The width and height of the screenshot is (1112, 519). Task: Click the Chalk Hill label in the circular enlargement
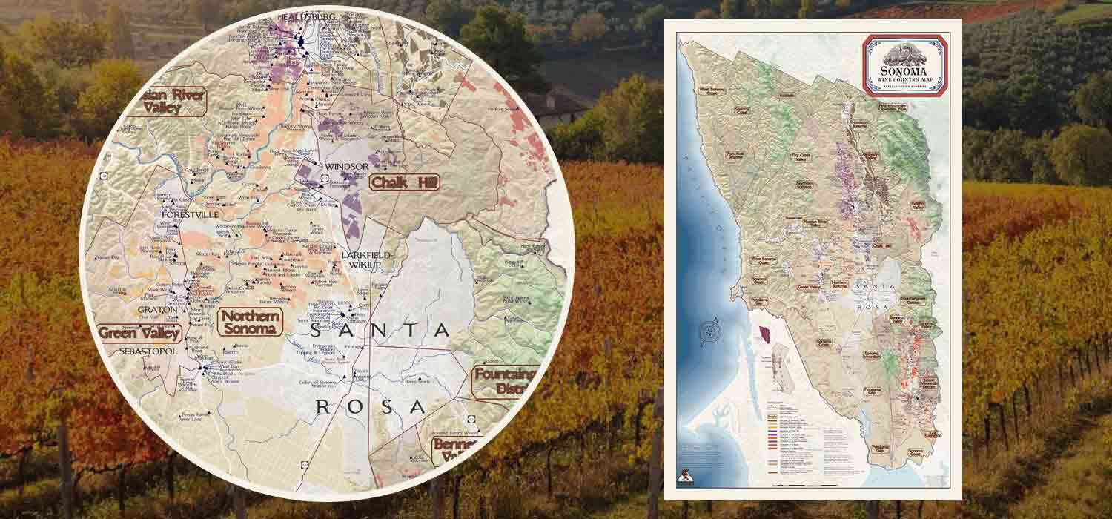click(403, 182)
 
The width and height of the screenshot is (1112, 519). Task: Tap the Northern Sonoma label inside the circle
click(251, 323)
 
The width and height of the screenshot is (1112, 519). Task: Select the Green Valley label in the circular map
click(139, 333)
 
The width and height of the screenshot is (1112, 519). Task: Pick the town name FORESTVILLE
click(190, 215)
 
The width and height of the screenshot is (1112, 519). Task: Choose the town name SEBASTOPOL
click(148, 351)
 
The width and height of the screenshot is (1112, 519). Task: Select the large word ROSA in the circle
click(370, 406)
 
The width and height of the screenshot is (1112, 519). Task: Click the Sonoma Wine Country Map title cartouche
click(904, 65)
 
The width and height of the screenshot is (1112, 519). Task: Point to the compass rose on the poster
click(711, 331)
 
